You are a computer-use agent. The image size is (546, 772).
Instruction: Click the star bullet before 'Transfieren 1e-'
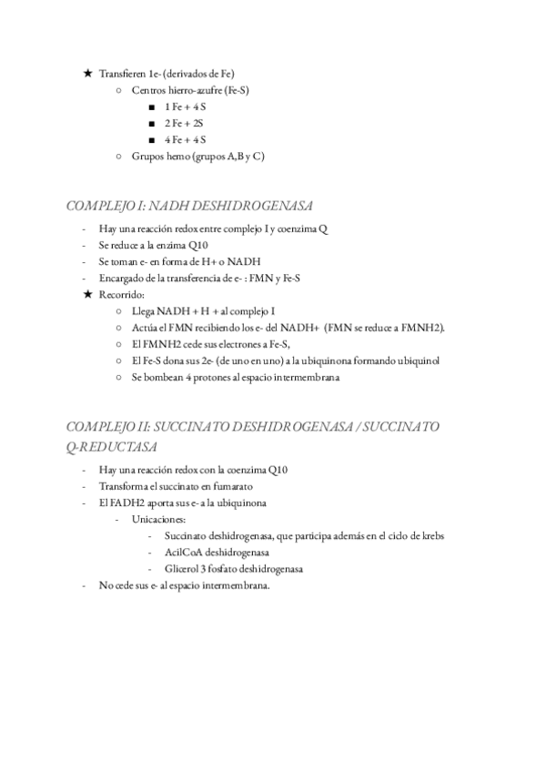pyautogui.click(x=87, y=73)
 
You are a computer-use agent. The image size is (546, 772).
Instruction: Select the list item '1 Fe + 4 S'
pyautogui.click(x=185, y=107)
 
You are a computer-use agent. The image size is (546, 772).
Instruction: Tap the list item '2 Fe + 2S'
pyautogui.click(x=184, y=123)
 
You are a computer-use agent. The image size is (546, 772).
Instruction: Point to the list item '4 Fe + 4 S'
pyautogui.click(x=185, y=139)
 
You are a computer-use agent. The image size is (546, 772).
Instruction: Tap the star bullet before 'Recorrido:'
pyautogui.click(x=87, y=294)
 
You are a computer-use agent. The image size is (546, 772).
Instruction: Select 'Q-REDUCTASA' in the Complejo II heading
pyautogui.click(x=112, y=447)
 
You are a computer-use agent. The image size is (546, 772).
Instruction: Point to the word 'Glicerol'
pyautogui.click(x=182, y=568)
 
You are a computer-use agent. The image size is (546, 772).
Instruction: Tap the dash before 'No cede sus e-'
pyautogui.click(x=84, y=584)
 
